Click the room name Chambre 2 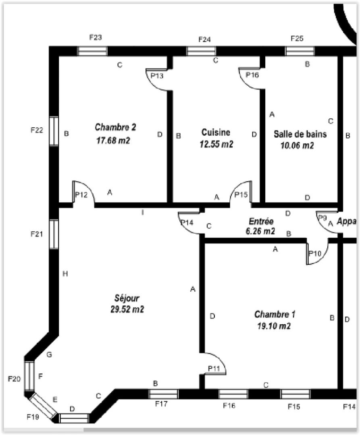click(115, 127)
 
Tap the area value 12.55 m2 click(216, 144)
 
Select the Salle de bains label click(300, 134)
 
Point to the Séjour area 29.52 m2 click(127, 309)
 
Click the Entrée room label click(261, 221)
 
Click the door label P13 click(157, 75)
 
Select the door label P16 click(252, 75)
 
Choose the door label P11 click(214, 368)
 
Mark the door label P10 click(314, 253)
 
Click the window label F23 click(95, 37)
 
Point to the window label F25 click(297, 38)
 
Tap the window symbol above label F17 click(163, 394)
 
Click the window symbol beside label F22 click(54, 131)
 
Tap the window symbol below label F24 click(201, 51)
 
